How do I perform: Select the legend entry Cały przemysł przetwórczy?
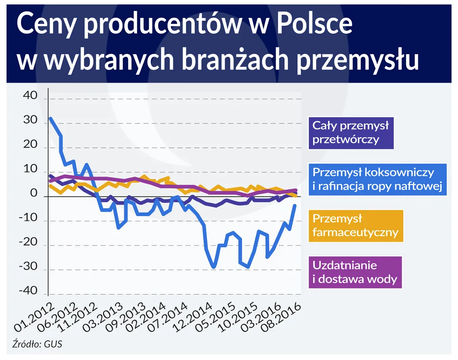(x=350, y=132)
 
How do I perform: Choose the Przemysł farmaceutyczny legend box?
(x=355, y=226)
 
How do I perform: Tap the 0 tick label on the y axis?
(x=34, y=193)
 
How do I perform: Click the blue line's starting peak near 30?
(x=50, y=118)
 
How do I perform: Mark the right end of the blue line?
(x=295, y=205)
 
